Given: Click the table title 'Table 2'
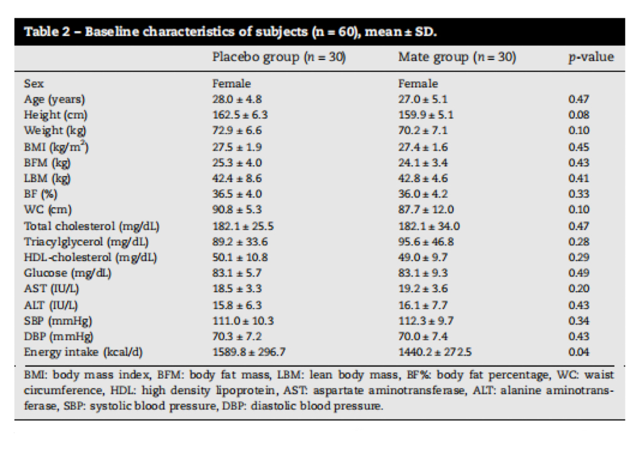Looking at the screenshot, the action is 47,31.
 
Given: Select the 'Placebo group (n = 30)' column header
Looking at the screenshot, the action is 279,57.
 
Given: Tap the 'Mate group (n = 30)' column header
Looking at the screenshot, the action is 457,57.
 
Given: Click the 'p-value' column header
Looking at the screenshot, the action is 591,57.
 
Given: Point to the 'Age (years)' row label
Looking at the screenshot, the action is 55,100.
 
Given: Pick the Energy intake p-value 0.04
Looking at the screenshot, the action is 579,352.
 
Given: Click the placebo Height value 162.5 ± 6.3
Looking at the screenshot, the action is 240,115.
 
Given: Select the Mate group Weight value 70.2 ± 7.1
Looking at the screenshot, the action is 423,130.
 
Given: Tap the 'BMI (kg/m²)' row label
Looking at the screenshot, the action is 56,146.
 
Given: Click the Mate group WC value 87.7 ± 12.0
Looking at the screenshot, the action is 426,210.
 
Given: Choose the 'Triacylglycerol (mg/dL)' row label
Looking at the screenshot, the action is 86,242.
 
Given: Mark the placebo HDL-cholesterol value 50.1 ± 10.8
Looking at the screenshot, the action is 240,257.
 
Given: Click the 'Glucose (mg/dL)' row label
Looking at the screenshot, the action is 68,273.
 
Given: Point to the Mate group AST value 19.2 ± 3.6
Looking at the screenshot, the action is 423,289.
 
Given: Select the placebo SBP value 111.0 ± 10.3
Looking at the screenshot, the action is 243,321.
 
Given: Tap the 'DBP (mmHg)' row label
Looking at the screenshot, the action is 58,336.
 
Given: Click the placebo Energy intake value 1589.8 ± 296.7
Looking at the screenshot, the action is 249,352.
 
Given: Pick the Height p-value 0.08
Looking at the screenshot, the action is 579,115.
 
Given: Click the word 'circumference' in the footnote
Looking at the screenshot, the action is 63,391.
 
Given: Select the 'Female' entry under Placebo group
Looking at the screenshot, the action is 231,84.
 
